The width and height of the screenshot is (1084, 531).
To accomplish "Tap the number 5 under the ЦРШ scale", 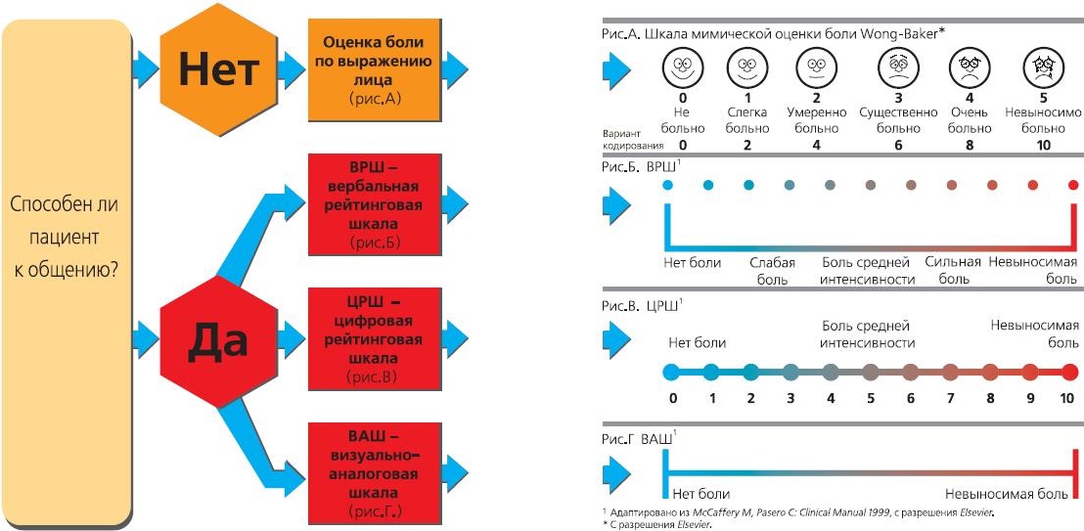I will [871, 398].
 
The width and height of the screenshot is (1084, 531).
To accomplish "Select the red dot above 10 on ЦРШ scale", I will [1069, 372].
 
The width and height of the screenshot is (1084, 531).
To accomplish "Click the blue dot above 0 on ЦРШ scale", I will [671, 372].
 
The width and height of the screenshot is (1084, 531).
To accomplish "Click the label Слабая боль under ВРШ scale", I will [771, 270].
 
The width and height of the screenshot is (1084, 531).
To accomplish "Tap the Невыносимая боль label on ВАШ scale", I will [1014, 493].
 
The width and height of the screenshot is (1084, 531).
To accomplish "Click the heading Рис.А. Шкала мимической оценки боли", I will [773, 33].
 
